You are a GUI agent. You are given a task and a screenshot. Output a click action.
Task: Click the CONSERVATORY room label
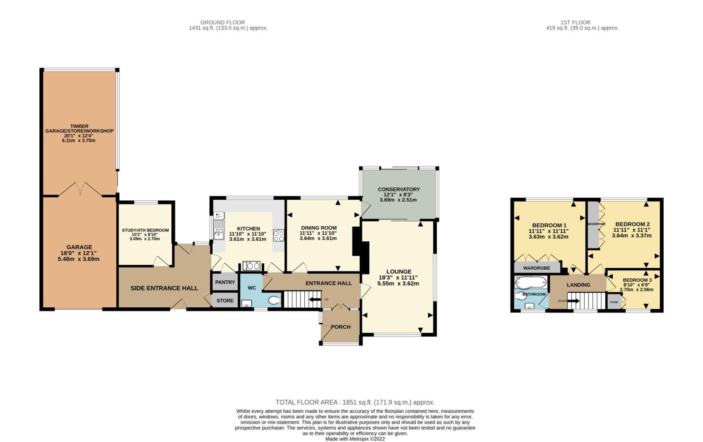399,189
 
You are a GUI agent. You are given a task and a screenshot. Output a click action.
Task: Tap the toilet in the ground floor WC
275,300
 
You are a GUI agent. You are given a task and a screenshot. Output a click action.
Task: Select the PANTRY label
225,282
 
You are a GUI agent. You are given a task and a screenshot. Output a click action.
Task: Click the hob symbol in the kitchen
279,236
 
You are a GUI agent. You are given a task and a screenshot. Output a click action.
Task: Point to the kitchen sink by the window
218,229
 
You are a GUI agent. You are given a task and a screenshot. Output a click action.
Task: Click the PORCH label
341,327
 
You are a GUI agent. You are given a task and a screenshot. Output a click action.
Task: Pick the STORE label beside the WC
225,301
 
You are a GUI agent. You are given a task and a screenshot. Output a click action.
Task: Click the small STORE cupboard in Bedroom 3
614,302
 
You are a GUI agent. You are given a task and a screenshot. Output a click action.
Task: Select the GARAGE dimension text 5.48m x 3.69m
79,259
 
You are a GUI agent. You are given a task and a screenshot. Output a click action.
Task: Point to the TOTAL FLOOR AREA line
355,402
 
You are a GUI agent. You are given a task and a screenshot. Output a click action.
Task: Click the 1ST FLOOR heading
575,23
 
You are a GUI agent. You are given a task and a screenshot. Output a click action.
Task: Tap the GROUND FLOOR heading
222,23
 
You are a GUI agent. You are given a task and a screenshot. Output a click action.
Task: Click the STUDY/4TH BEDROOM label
145,230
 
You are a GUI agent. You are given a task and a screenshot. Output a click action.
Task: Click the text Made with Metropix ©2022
355,439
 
